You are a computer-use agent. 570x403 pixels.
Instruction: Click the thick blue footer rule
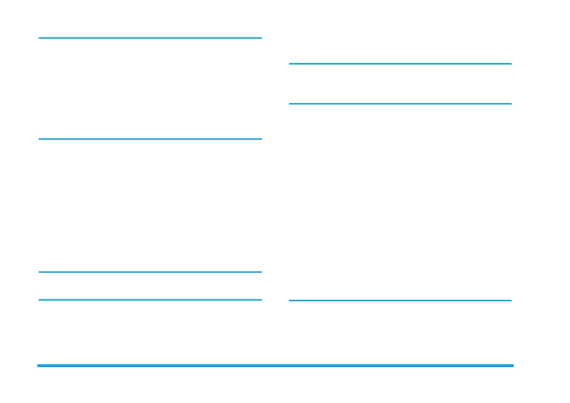(x=275, y=366)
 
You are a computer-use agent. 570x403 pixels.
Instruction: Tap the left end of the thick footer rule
(x=39, y=366)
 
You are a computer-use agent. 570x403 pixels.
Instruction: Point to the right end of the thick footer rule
(x=512, y=366)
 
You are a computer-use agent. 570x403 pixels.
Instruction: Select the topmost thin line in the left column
(x=150, y=38)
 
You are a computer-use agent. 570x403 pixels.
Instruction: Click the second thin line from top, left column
(x=150, y=139)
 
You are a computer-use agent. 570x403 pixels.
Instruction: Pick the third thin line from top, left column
(x=150, y=272)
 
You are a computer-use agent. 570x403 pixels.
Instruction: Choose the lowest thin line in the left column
(x=150, y=299)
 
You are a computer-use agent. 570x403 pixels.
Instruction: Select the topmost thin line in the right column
(x=400, y=64)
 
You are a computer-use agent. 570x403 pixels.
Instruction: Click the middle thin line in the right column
(x=400, y=104)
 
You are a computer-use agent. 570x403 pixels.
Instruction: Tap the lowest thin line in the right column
(x=400, y=301)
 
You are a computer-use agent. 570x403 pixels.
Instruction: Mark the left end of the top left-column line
(x=40, y=38)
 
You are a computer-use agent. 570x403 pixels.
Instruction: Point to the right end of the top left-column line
(x=261, y=38)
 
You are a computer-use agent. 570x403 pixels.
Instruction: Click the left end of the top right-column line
(x=290, y=64)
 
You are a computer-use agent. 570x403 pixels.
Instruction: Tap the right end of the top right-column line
(x=510, y=64)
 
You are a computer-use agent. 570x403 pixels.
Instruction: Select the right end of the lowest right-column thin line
(x=510, y=301)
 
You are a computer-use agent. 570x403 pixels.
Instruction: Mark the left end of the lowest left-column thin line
(x=40, y=299)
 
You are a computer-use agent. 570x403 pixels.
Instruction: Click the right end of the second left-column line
(x=261, y=139)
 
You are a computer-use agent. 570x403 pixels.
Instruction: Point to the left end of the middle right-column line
(x=290, y=104)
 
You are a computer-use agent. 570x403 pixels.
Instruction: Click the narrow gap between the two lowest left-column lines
(x=150, y=286)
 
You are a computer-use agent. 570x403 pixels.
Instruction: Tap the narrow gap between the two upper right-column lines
(x=400, y=84)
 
